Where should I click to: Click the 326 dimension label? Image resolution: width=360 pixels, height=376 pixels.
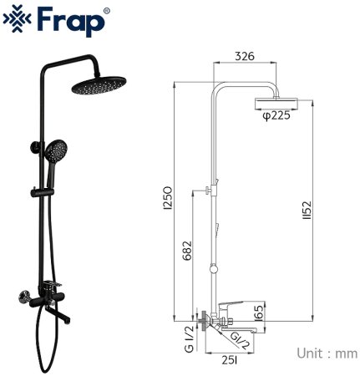pos(245,56)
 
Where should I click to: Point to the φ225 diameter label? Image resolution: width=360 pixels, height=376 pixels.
pos(276,116)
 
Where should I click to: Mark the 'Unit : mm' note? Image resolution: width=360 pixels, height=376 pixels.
pos(327,353)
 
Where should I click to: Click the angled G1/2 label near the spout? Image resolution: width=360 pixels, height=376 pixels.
pos(238,338)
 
